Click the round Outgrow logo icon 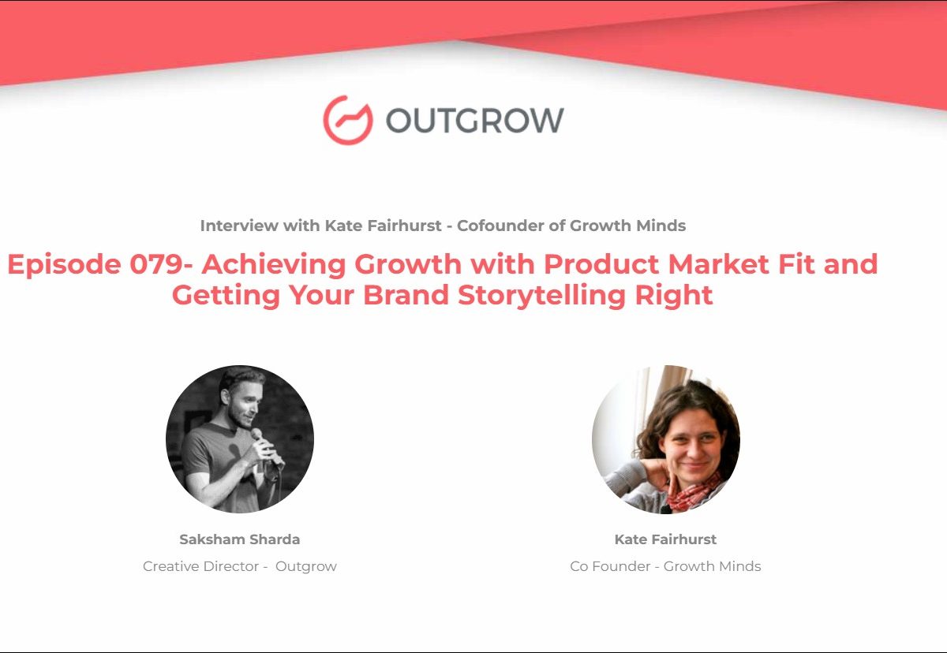pos(348,121)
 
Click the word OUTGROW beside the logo pos(475,121)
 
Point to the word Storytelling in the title pos(541,296)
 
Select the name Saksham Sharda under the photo pos(240,539)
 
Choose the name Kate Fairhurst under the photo pos(665,539)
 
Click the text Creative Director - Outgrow pos(240,566)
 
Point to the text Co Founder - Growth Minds pos(665,566)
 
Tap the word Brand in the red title pos(406,295)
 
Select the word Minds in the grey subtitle pos(661,226)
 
